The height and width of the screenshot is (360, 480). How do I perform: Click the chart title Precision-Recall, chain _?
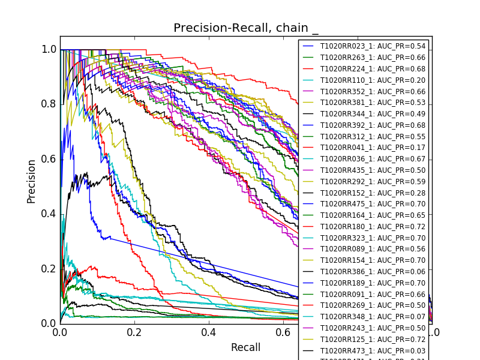(246, 28)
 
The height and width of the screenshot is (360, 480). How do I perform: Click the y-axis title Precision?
(31, 181)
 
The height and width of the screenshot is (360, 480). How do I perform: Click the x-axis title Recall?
(245, 347)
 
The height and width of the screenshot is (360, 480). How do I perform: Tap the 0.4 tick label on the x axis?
(209, 332)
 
